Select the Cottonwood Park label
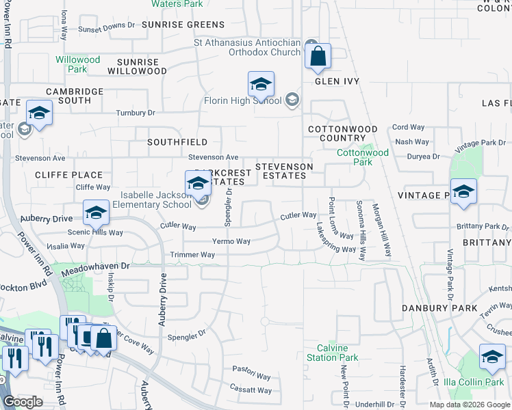tap(363, 157)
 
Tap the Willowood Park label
tap(77, 64)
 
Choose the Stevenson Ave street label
tap(213, 157)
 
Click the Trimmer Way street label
tap(193, 255)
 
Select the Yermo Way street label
tap(231, 241)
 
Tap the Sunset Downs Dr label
tap(106, 27)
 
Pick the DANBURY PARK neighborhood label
tap(439, 308)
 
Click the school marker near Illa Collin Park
tap(491, 357)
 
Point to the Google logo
tap(23, 402)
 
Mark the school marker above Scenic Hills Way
tap(96, 213)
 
